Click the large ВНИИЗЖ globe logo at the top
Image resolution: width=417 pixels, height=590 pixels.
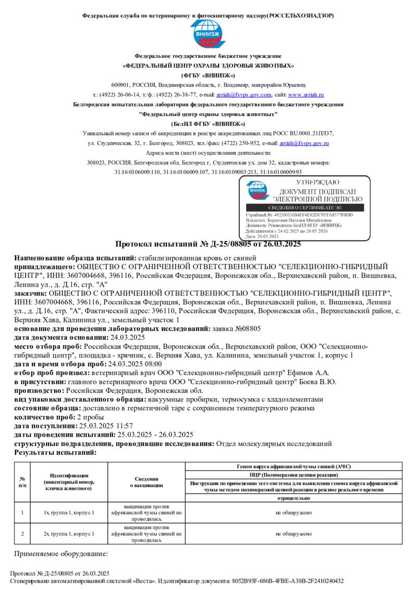tap(208, 34)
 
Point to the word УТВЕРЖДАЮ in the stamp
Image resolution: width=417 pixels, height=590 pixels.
tap(317, 182)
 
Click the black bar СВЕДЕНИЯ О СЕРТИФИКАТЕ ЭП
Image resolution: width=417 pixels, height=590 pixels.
tap(305, 208)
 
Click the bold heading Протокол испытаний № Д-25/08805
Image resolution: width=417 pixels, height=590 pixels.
tap(208, 244)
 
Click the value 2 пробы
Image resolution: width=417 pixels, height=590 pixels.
tap(90, 417)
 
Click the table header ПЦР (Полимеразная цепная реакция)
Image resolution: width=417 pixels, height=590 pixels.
tap(293, 475)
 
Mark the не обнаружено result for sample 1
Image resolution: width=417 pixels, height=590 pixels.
tap(293, 512)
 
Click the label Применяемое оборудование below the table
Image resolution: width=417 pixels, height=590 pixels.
tap(61, 554)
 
